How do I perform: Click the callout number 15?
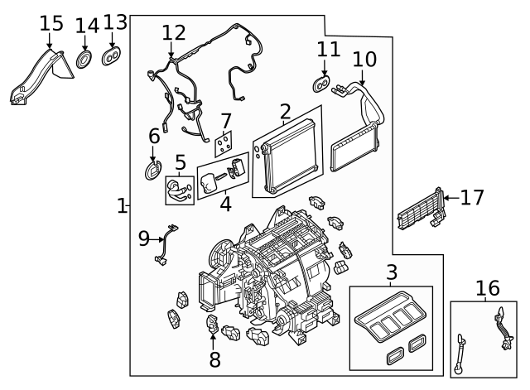click(51, 22)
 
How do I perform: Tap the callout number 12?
click(174, 33)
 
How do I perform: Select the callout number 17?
click(471, 198)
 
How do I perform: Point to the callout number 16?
click(488, 288)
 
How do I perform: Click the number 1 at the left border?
click(122, 205)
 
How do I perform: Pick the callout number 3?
click(392, 272)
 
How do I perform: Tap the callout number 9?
click(143, 239)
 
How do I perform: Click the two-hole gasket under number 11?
click(323, 84)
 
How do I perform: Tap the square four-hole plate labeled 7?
click(223, 146)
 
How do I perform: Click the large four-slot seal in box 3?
click(388, 319)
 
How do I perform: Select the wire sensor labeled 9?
click(167, 245)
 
